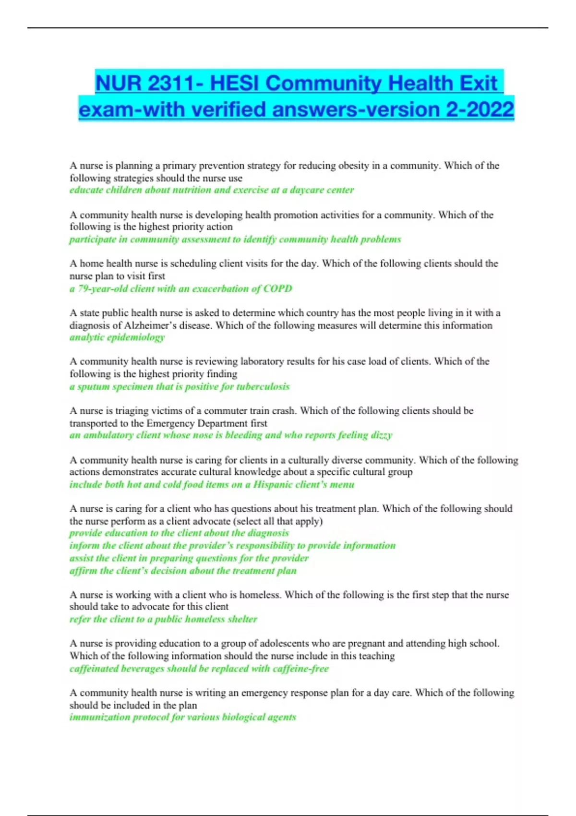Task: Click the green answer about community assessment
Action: (235, 239)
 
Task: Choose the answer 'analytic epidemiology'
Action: (117, 337)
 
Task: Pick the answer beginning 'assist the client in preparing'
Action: (189, 558)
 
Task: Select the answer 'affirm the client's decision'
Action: (183, 571)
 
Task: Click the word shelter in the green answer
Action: (242, 619)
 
